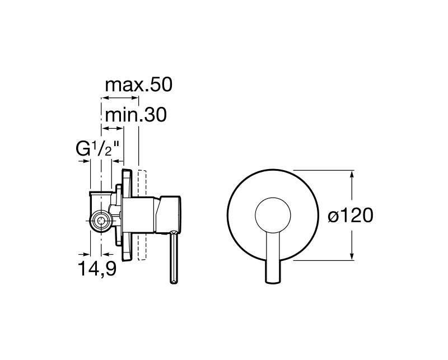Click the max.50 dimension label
tap(138, 85)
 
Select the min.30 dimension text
tap(136, 115)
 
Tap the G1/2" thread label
tap(97, 148)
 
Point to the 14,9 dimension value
tap(97, 269)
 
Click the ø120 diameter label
tap(351, 215)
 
